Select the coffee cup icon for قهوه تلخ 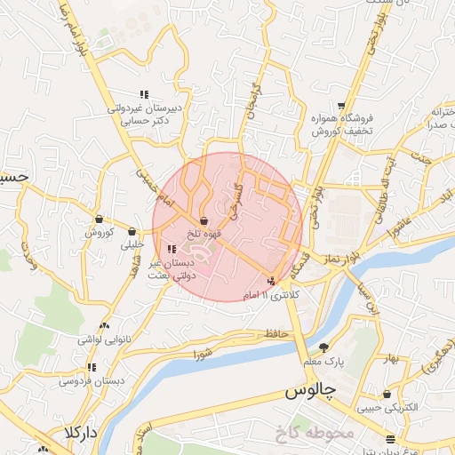click(204, 220)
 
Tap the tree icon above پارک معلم click(323, 347)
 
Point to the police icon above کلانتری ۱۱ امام click(271, 282)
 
